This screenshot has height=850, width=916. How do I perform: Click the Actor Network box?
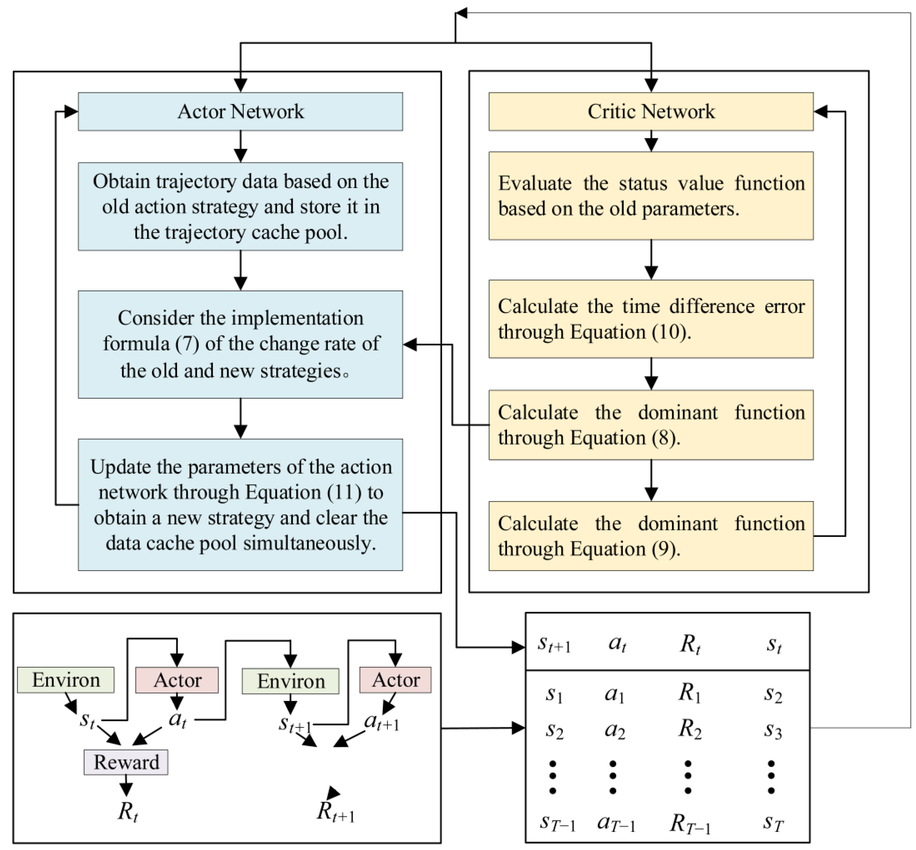pos(240,111)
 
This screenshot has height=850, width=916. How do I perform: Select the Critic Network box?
pos(651,111)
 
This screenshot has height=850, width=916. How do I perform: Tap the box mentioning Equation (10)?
pos(651,319)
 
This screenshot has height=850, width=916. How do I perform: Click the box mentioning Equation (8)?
pos(651,424)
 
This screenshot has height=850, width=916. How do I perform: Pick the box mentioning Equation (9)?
pos(651,536)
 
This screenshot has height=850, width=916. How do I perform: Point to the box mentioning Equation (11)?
pos(240,505)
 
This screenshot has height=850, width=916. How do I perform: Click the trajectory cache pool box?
pos(240,206)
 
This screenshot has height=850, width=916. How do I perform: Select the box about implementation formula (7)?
pos(240,344)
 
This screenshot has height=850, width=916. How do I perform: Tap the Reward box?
pos(126,762)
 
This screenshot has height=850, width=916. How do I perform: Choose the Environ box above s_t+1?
pos(290,681)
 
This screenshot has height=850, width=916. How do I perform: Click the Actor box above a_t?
pos(177,680)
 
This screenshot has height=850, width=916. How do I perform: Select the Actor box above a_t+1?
pos(395,680)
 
